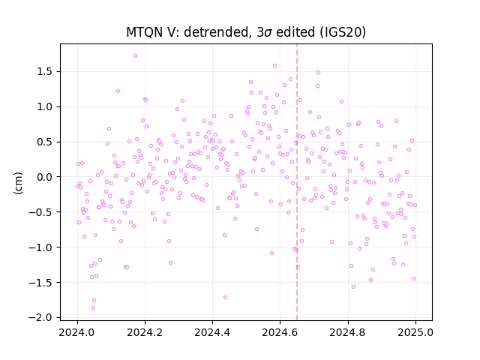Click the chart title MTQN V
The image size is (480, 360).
[x=151, y=31]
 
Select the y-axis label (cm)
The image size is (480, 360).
[x=18, y=183]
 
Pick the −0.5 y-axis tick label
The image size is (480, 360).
[x=42, y=212]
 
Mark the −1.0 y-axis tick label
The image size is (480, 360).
[x=42, y=247]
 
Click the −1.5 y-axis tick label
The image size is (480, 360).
[x=42, y=283]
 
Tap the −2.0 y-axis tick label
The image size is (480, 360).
[x=42, y=318]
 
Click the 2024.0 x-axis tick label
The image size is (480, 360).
[x=77, y=332]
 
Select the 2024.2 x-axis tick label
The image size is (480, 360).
[x=145, y=332]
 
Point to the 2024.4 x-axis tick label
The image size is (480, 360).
[x=212, y=332]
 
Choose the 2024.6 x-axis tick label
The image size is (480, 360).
[x=280, y=332]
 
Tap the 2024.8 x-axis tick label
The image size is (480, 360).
[x=348, y=332]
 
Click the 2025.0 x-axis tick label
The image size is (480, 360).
[x=415, y=332]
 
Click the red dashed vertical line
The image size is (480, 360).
[x=297, y=182]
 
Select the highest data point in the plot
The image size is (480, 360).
[x=135, y=56]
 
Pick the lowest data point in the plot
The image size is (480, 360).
[x=93, y=308]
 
